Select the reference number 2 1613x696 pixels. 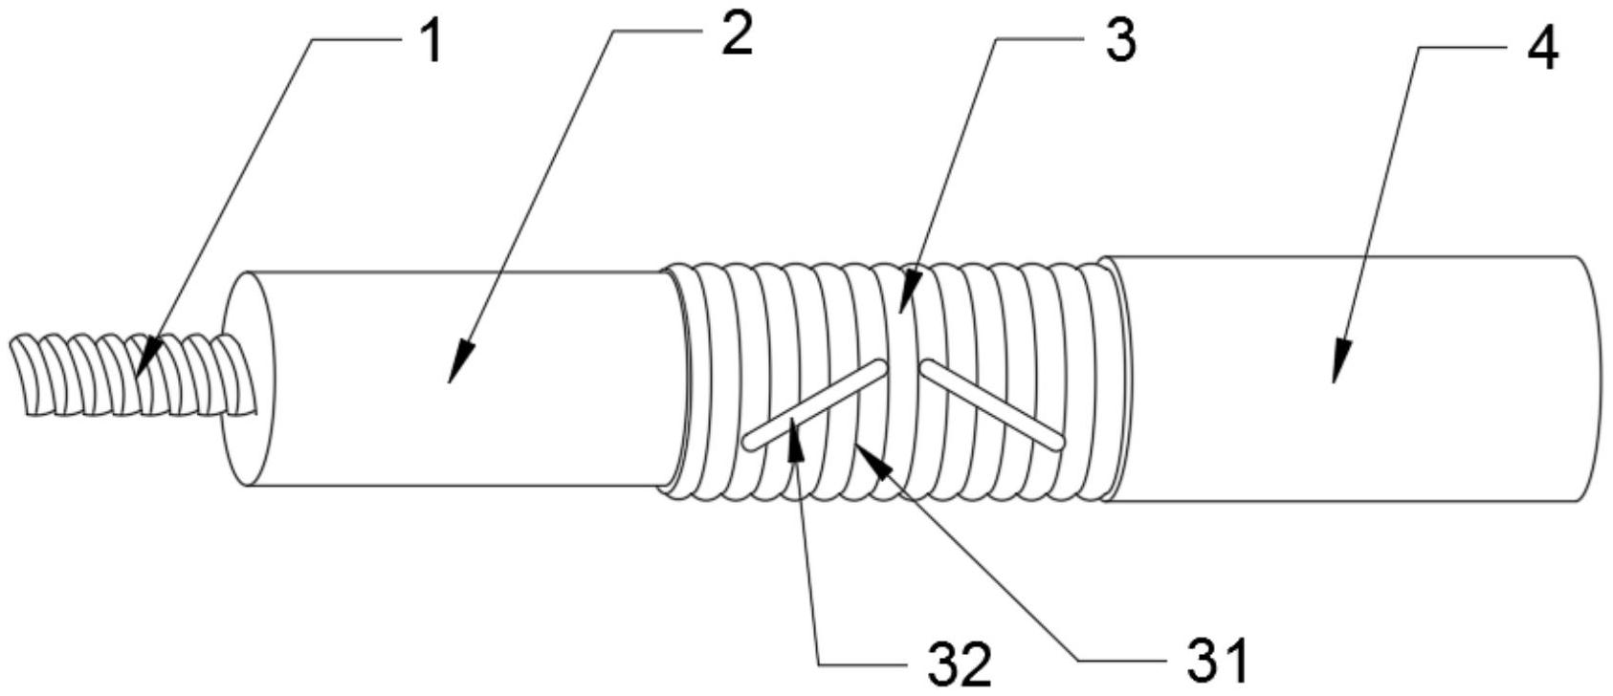click(737, 33)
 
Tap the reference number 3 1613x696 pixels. click(1120, 39)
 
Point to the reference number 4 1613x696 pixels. click(1541, 48)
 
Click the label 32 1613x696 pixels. click(960, 664)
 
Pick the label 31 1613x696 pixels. click(1217, 660)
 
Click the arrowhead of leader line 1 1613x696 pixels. click(142, 358)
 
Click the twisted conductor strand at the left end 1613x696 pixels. click(133, 374)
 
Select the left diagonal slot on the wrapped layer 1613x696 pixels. click(815, 406)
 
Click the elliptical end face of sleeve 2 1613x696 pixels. click(247, 379)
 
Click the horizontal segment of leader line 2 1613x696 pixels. click(659, 31)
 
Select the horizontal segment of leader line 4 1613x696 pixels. click(1462, 48)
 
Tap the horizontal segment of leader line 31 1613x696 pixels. click(1123, 659)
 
